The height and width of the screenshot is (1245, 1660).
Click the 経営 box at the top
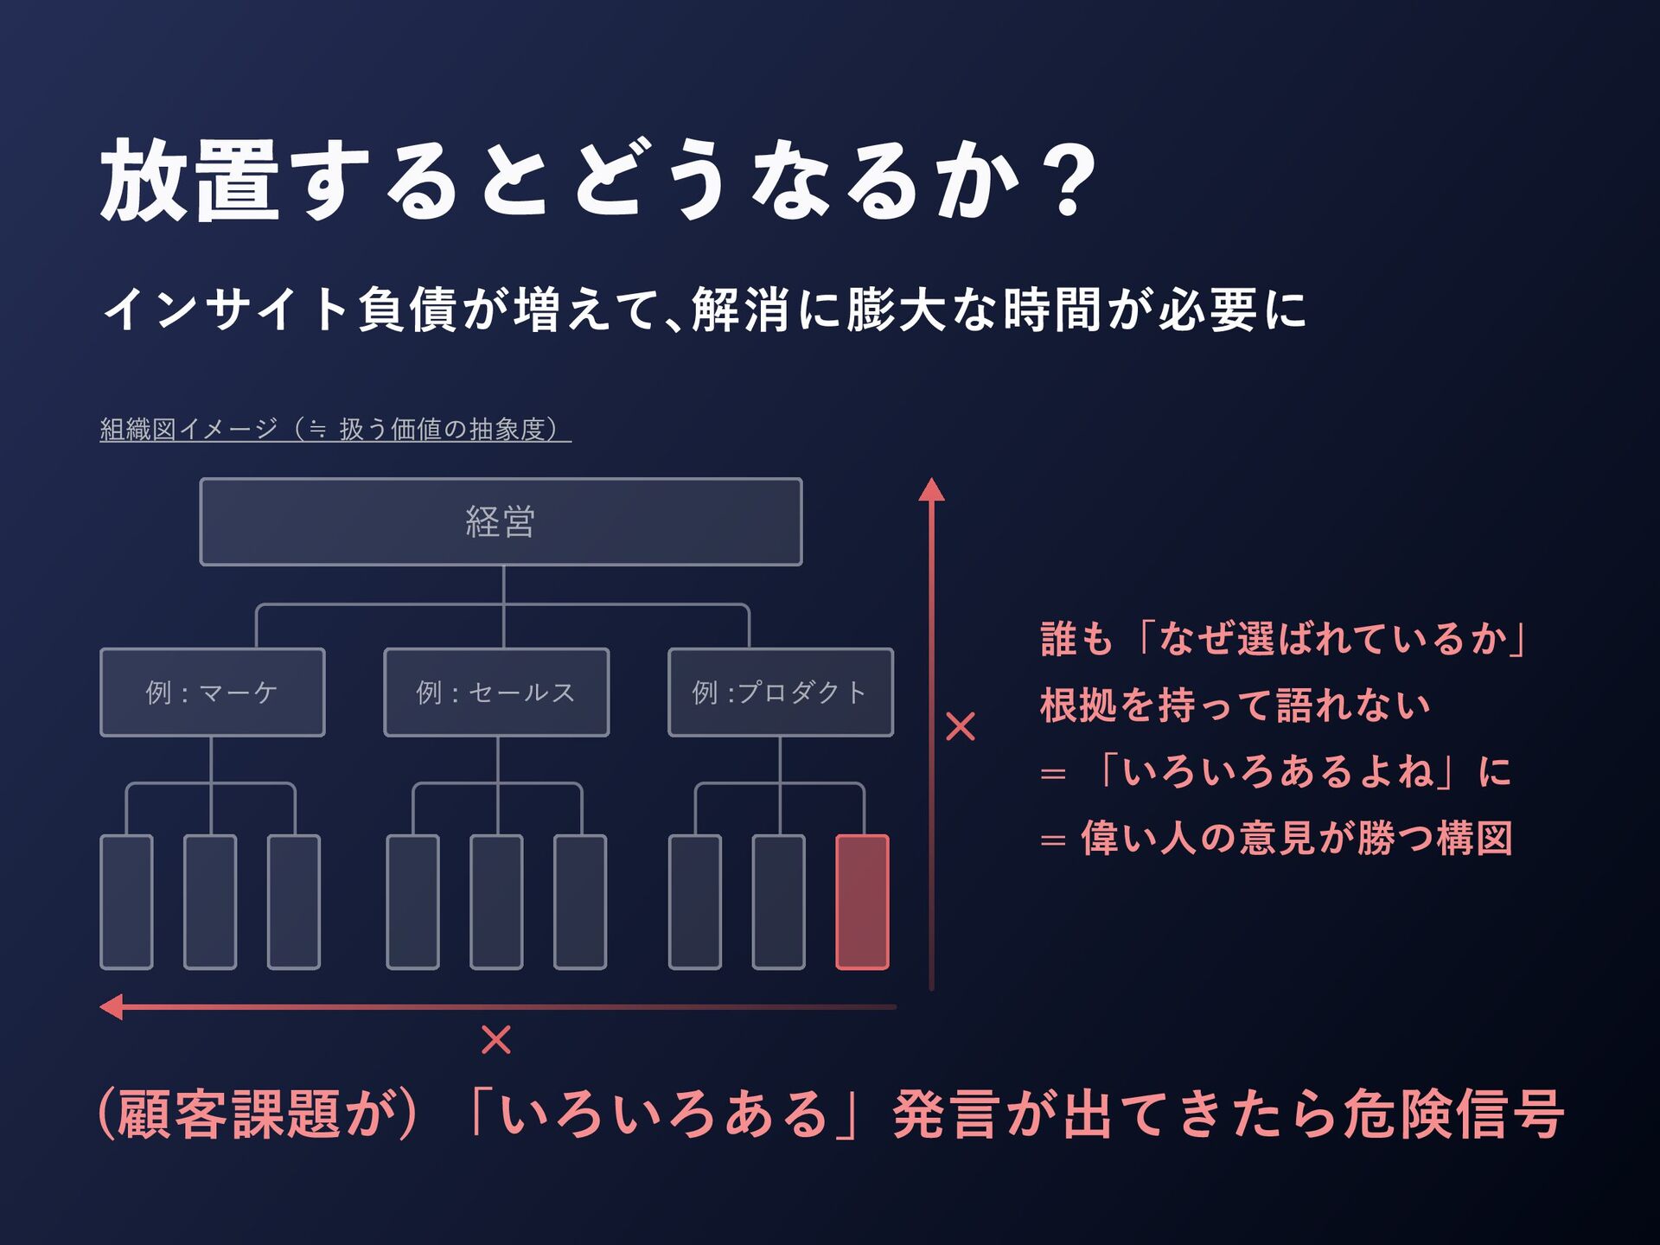501,522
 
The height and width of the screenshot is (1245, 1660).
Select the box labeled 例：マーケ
213,693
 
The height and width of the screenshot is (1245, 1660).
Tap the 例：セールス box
496,693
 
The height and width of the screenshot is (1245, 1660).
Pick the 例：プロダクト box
780,693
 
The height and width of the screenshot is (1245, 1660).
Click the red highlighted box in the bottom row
862,902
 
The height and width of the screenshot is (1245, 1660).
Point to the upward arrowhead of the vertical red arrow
931,490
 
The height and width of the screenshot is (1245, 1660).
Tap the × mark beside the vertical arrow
961,727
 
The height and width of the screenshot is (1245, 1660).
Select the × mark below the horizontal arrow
496,1039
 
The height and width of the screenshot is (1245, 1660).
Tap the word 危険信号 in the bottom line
1454,1114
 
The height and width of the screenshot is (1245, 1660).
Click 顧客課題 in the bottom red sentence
229,1114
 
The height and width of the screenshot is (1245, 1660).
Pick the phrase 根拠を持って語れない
1235,705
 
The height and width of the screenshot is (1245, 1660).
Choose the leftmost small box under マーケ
127,902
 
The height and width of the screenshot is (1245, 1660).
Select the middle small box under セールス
496,902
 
